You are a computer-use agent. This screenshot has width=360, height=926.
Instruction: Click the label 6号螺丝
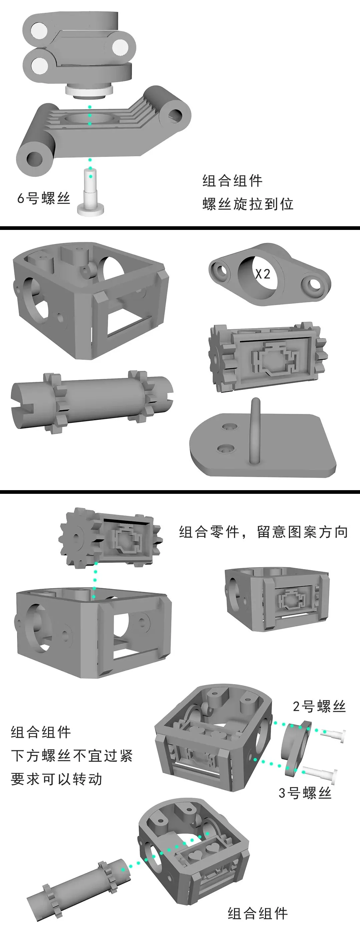coord(44,198)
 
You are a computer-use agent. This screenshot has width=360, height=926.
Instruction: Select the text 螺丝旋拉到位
coord(248,204)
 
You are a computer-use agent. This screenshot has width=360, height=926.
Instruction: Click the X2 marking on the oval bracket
coord(263,274)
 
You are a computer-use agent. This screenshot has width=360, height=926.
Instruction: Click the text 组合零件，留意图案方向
coord(264,532)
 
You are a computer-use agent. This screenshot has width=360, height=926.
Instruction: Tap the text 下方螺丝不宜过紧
coord(72,756)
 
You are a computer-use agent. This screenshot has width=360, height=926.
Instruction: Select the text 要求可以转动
coord(56,779)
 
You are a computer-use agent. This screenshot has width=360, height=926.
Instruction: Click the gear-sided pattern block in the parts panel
coord(268,357)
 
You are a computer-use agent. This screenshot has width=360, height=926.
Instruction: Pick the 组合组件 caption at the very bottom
coord(258,913)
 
